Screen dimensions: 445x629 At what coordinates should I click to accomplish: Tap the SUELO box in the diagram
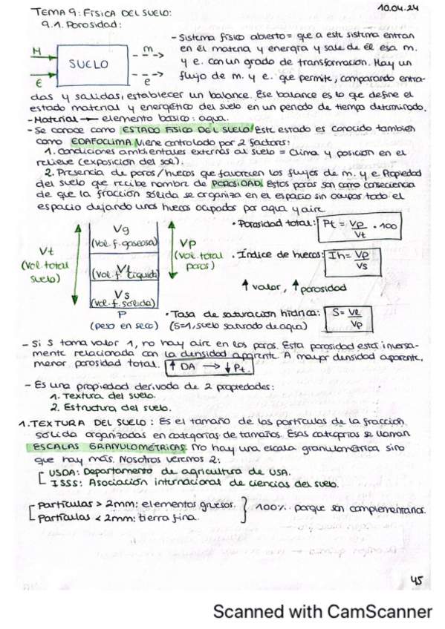pyautogui.click(x=89, y=64)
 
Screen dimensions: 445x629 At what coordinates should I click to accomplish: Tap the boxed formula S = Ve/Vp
pyautogui.click(x=350, y=317)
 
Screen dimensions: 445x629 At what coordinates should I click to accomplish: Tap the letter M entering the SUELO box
pyautogui.click(x=37, y=50)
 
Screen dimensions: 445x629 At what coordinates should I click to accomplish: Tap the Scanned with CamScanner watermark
pyautogui.click(x=322, y=612)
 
